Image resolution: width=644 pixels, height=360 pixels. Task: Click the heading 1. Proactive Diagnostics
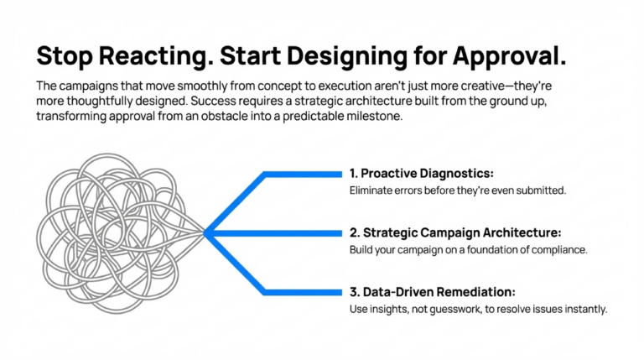click(x=421, y=174)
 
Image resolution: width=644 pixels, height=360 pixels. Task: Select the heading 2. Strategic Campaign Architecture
click(x=454, y=232)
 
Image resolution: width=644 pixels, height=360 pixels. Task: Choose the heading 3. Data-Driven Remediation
click(x=432, y=292)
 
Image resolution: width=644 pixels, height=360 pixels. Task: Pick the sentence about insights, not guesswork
click(x=477, y=310)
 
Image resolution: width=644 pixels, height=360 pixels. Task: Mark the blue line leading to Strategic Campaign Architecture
click(x=277, y=232)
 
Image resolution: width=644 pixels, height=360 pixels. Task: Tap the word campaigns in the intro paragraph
click(x=93, y=86)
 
